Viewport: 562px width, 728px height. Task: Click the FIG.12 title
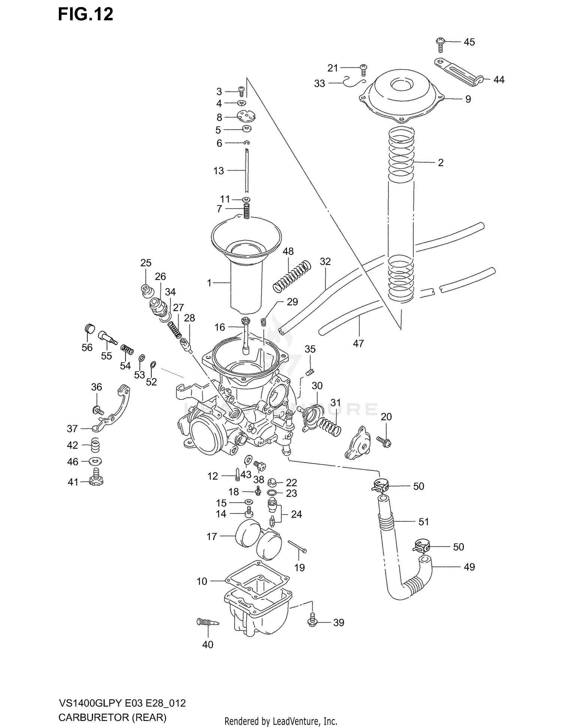click(x=85, y=15)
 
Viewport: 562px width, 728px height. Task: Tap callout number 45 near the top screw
click(x=469, y=42)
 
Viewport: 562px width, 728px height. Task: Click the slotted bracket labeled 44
click(x=457, y=71)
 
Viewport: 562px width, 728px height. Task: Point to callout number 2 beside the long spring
click(x=441, y=162)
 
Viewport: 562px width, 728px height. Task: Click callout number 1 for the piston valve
click(x=209, y=282)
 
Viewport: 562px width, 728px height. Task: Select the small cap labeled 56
click(x=89, y=328)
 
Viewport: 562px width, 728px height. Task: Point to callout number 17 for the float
click(x=212, y=537)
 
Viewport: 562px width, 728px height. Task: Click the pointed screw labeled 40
click(x=207, y=622)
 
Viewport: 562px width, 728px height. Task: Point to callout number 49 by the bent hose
click(x=469, y=567)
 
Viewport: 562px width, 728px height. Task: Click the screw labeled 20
click(x=384, y=441)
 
